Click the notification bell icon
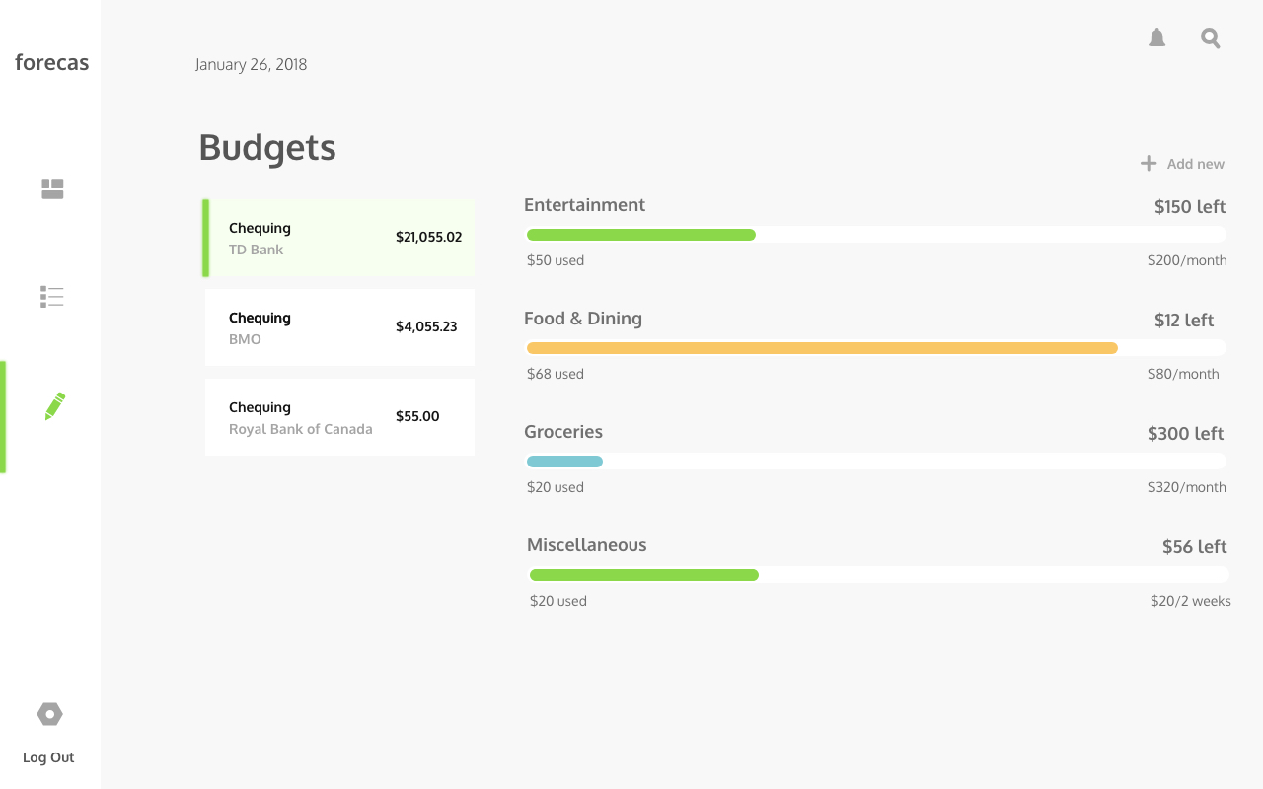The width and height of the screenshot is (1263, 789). pyautogui.click(x=1157, y=38)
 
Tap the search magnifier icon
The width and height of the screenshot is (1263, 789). pyautogui.click(x=1211, y=38)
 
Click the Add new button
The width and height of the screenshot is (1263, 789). pyautogui.click(x=1182, y=164)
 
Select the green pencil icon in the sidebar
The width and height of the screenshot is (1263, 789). pyautogui.click(x=55, y=406)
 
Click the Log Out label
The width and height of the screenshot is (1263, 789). pyautogui.click(x=48, y=757)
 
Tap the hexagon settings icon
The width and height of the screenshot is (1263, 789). pyautogui.click(x=49, y=714)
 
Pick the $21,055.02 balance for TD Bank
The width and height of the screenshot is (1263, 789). pyautogui.click(x=428, y=237)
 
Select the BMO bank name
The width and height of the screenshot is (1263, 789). pyautogui.click(x=245, y=339)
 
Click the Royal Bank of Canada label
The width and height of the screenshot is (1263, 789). pyautogui.click(x=301, y=429)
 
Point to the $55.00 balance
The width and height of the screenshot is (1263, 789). pyautogui.click(x=417, y=416)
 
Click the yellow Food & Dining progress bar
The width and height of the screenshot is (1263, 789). pyautogui.click(x=822, y=348)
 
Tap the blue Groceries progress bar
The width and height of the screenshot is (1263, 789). pyautogui.click(x=564, y=462)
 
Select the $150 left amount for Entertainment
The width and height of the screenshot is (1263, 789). pyautogui.click(x=1189, y=207)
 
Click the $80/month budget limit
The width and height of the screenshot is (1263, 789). pyautogui.click(x=1183, y=374)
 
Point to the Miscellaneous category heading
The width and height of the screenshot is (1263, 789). pyautogui.click(x=587, y=545)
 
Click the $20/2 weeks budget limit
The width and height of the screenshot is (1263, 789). pyautogui.click(x=1190, y=601)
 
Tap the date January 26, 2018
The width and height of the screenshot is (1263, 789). pyautogui.click(x=251, y=65)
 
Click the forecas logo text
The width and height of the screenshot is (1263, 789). pyautogui.click(x=51, y=63)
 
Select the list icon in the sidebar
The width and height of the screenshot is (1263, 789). pyautogui.click(x=52, y=297)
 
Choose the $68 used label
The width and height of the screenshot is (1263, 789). pyautogui.click(x=556, y=374)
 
